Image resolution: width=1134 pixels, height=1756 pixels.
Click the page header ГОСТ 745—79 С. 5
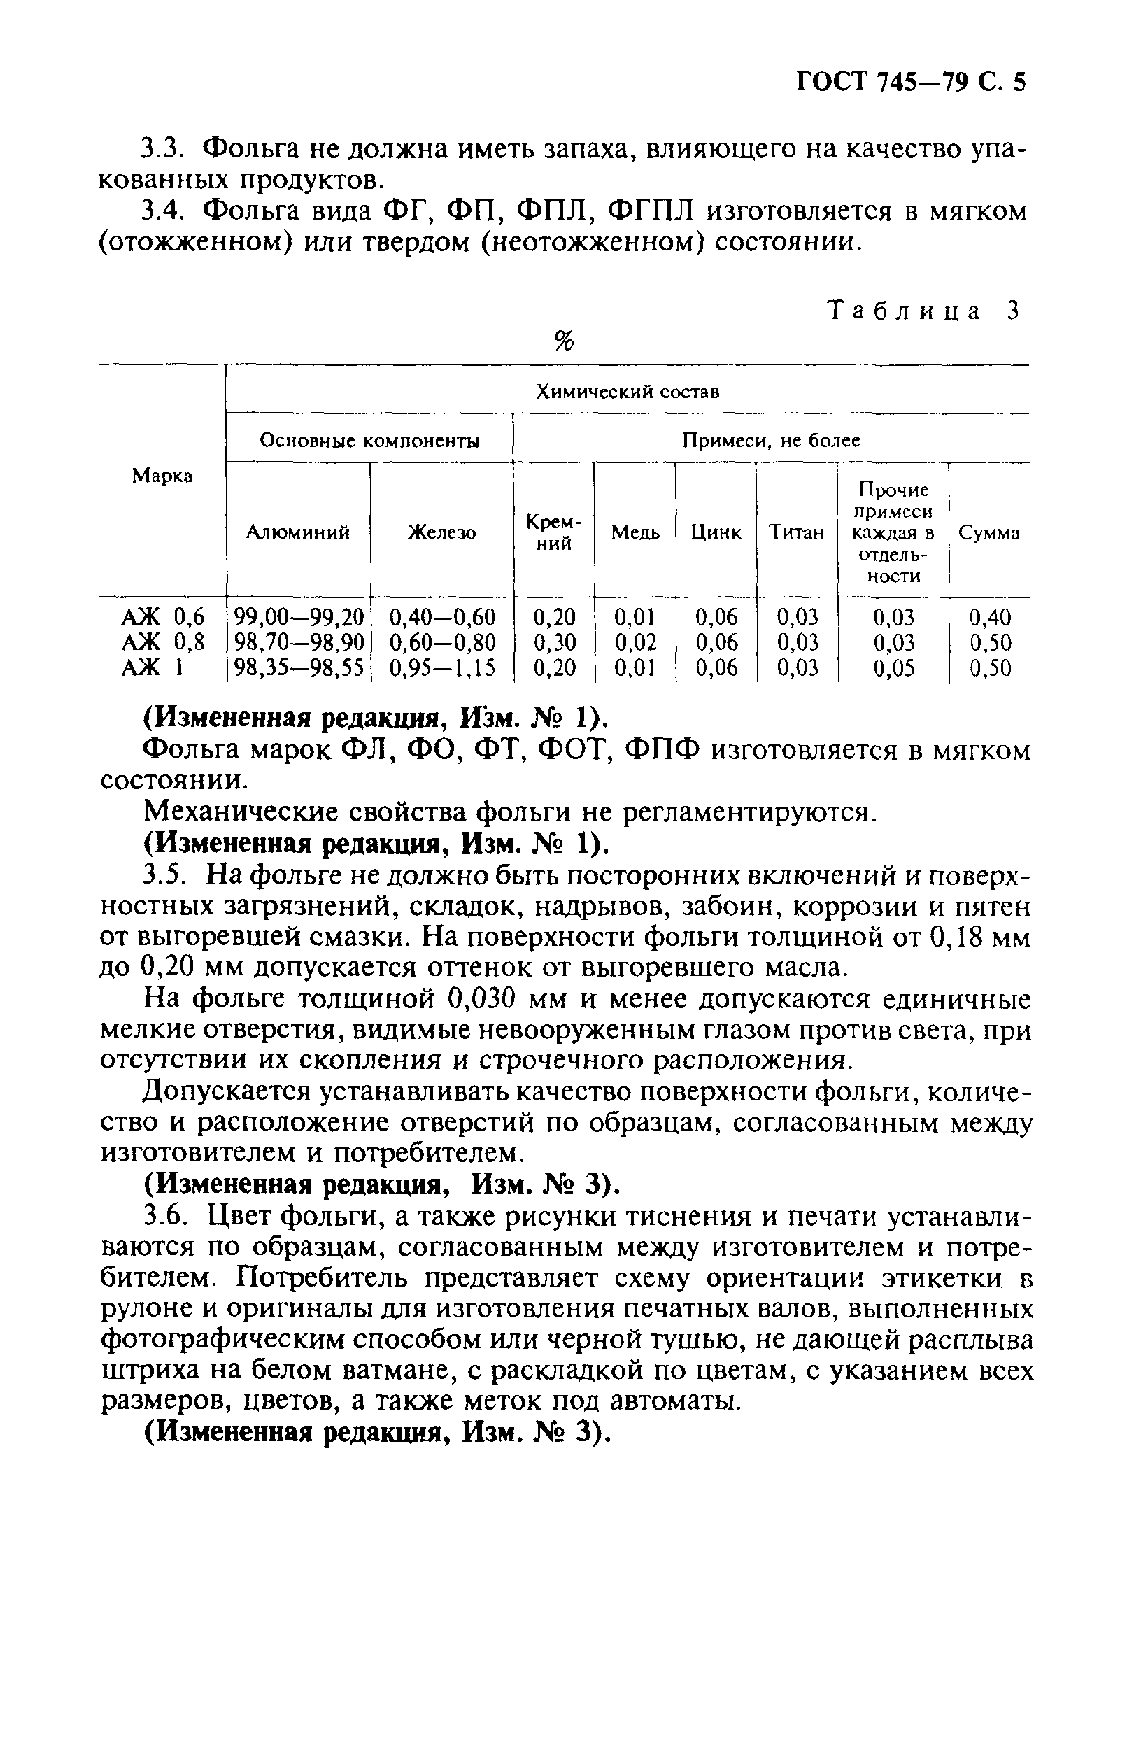coord(911,82)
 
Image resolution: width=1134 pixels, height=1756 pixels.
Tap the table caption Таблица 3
coord(924,311)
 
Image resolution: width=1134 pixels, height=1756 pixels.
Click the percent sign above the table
coord(564,341)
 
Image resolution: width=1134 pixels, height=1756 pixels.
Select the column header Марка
coord(162,476)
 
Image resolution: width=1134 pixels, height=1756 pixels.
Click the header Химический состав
coord(627,392)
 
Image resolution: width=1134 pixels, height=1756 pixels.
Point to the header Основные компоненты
coord(369,440)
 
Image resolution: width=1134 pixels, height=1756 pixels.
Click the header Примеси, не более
coord(771,440)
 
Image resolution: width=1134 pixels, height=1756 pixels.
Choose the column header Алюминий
coord(297,532)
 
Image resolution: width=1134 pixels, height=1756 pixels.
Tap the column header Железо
coord(442,532)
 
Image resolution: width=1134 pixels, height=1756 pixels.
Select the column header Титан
coord(797,532)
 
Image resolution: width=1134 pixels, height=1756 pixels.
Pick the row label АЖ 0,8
coord(162,643)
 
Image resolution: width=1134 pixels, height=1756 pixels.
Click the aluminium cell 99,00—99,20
coord(298,617)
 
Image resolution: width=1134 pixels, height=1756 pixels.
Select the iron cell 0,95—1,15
coord(442,669)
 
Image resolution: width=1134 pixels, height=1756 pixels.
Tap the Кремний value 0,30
coord(554,643)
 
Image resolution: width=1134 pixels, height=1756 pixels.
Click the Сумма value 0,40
coord(991,617)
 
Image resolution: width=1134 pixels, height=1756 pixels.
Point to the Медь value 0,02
coord(635,643)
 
